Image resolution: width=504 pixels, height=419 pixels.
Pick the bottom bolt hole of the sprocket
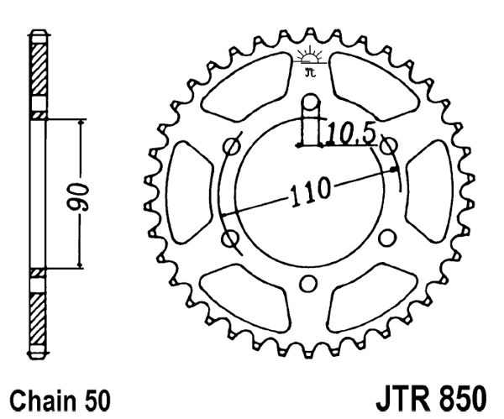click(309, 282)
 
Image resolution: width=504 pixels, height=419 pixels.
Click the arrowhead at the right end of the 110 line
click(395, 171)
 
